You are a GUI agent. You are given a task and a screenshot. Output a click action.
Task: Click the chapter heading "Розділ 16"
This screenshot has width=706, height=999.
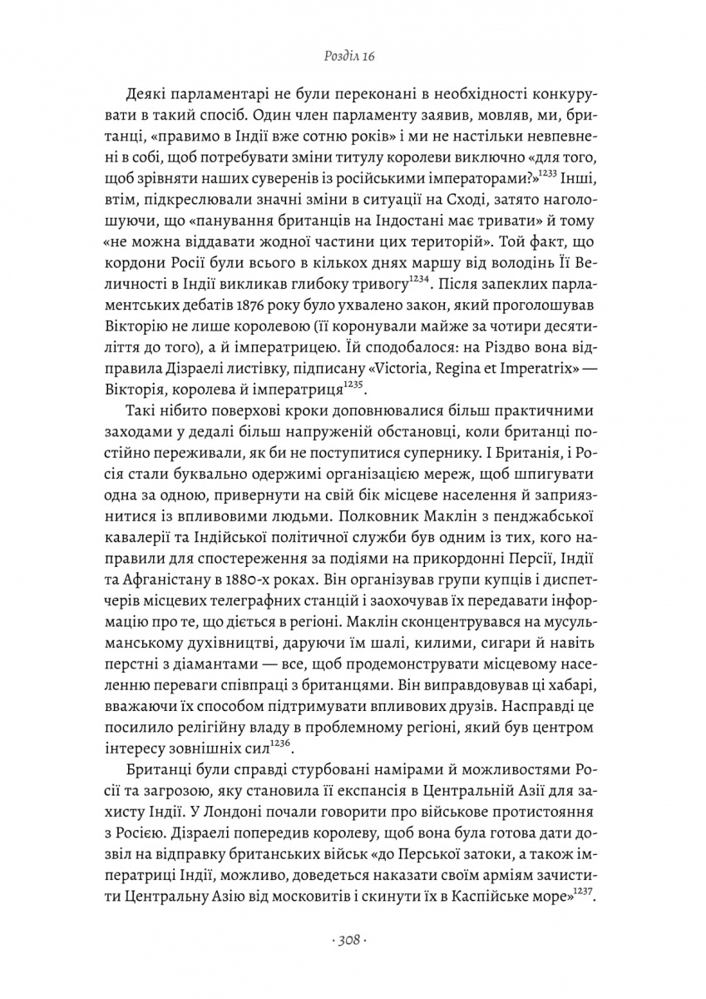(353, 57)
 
